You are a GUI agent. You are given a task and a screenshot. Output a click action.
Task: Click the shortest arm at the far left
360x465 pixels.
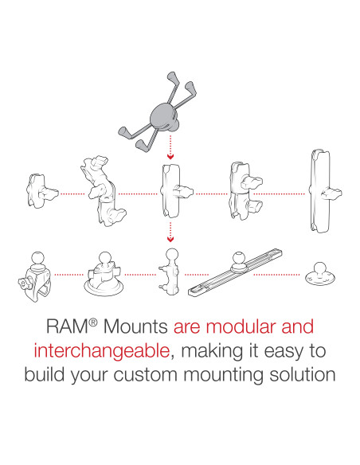click(x=38, y=190)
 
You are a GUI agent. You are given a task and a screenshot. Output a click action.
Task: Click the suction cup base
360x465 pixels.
click(x=104, y=275)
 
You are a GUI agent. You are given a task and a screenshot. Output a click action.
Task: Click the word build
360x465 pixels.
click(x=45, y=373)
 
